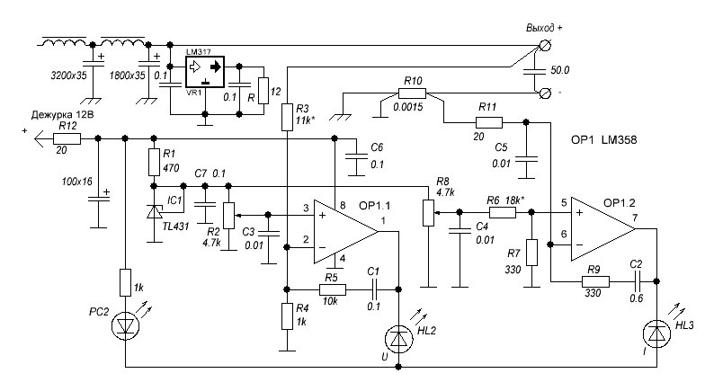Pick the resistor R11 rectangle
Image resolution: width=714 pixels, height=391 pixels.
tap(487, 120)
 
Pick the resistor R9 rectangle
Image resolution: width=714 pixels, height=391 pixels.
tap(594, 280)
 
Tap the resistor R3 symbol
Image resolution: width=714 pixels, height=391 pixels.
tap(286, 117)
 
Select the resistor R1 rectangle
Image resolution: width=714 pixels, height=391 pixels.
tap(152, 163)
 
